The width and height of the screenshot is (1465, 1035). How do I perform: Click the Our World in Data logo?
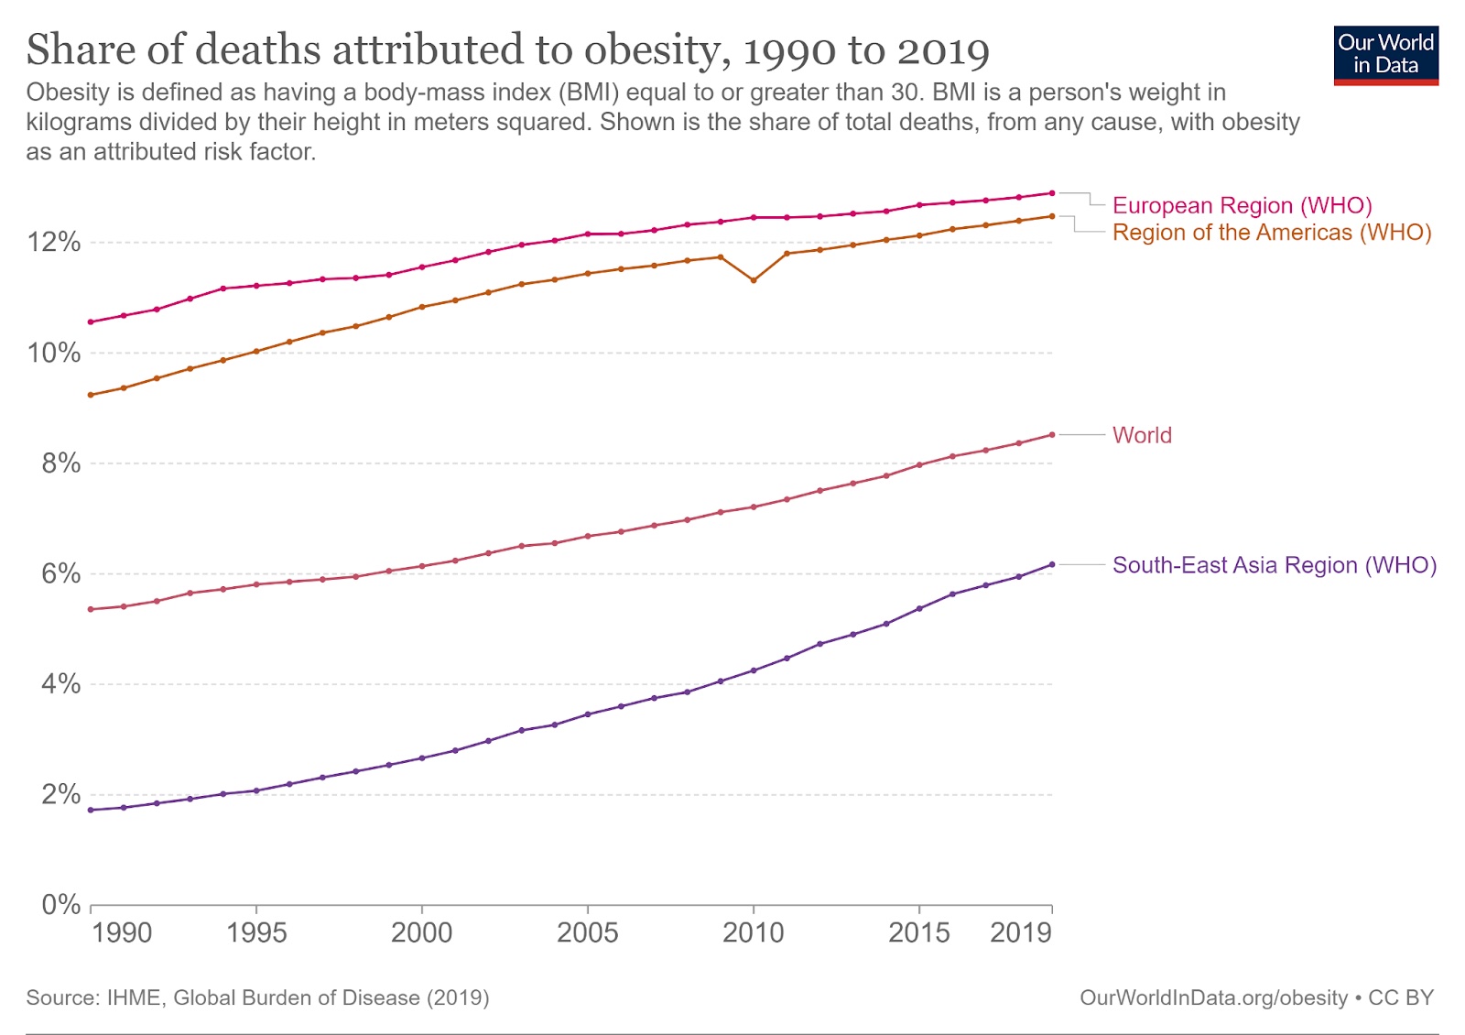pos(1385,55)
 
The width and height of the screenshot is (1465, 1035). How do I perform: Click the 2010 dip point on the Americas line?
pos(754,280)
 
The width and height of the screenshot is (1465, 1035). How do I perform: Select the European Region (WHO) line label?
pos(1242,205)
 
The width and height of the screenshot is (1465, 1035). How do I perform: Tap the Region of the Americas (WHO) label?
pos(1271,233)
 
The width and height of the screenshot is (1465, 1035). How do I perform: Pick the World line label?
pos(1142,435)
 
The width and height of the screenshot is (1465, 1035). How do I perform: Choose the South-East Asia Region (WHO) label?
pos(1274,565)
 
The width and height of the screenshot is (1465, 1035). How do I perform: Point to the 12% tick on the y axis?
pos(54,243)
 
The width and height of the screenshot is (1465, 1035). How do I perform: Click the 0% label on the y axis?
pos(60,905)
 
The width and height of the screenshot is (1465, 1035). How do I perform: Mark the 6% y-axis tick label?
pos(60,574)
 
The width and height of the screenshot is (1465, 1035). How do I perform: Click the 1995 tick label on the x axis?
pos(256,932)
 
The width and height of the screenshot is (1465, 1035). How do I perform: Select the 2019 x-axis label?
pos(1020,932)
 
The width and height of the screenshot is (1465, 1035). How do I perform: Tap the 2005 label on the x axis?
pos(587,932)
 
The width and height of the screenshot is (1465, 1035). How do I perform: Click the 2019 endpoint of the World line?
pos(1052,435)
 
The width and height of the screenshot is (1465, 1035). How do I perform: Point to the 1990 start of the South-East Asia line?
pos(91,810)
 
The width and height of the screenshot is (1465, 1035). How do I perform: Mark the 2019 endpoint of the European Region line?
pos(1052,193)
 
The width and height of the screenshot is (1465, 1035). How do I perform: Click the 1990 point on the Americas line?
pos(91,395)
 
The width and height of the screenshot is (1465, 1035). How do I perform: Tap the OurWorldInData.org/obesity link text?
pos(1213,997)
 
